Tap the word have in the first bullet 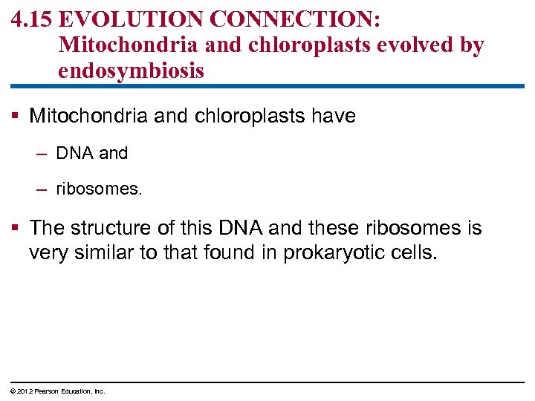pos(331,116)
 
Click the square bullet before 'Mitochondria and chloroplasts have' pos(15,117)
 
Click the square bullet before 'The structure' pos(15,228)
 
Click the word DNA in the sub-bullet pos(75,154)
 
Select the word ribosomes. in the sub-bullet pos(99,189)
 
